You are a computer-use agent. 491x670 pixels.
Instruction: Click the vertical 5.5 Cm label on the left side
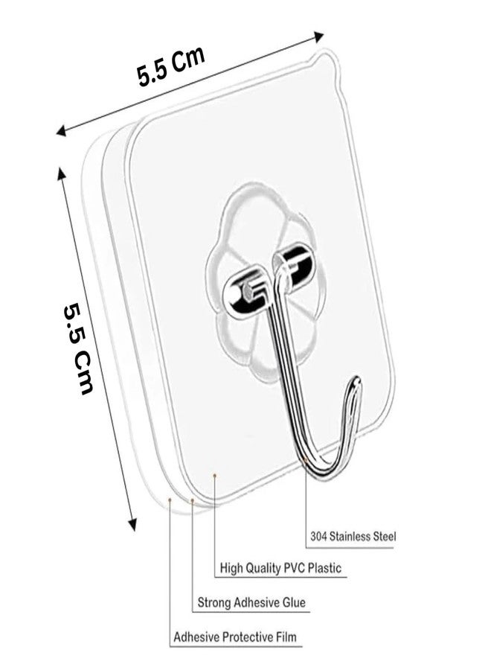[79, 348]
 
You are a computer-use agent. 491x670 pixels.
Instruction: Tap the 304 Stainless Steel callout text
[353, 536]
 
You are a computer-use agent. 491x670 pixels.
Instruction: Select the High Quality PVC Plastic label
[280, 568]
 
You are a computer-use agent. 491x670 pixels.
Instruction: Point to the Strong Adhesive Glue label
[251, 602]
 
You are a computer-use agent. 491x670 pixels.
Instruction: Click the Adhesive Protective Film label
[234, 637]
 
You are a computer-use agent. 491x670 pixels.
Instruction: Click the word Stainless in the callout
[351, 536]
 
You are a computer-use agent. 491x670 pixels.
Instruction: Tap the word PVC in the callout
[294, 568]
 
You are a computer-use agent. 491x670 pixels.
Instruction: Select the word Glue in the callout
[294, 602]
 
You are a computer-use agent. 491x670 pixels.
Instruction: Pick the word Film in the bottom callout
[285, 637]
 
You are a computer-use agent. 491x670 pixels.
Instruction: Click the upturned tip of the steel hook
[356, 380]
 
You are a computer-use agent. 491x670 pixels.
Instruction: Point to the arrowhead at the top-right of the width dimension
[318, 36]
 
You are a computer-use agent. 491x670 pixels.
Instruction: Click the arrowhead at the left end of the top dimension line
[61, 130]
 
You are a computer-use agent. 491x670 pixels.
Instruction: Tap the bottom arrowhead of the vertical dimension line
[133, 524]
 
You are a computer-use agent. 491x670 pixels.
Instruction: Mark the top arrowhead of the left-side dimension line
[61, 173]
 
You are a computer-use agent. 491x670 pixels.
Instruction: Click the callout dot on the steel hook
[306, 460]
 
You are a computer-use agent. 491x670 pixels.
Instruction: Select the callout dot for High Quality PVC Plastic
[215, 475]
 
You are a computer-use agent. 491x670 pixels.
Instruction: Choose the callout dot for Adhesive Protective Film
[170, 499]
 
